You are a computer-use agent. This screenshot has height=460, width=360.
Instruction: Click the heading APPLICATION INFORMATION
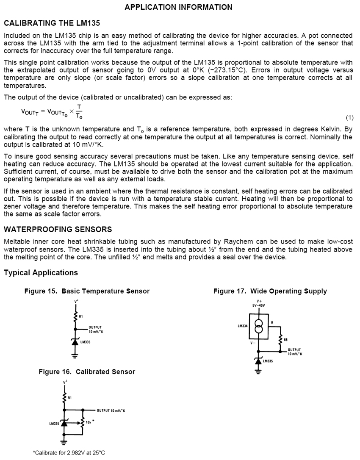[x=178, y=7]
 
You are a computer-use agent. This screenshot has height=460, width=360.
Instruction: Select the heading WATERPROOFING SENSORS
[x=58, y=230]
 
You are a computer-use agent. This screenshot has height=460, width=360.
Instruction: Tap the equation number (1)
[x=349, y=117]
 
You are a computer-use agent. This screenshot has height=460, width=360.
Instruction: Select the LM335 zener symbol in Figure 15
[x=75, y=341]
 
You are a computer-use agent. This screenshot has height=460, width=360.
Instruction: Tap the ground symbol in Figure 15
[x=75, y=356]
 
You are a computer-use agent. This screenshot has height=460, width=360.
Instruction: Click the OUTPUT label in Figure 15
[x=95, y=327]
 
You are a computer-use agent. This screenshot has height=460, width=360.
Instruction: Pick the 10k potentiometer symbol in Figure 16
[x=83, y=422]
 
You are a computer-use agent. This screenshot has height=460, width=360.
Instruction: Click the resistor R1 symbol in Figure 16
[x=64, y=397]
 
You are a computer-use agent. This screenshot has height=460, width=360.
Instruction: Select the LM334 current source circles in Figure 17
[x=258, y=326]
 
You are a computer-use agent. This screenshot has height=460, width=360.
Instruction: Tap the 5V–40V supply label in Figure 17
[x=259, y=305]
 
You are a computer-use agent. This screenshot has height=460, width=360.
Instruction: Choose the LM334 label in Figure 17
[x=243, y=326]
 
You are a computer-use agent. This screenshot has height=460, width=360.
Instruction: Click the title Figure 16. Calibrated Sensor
[x=87, y=371]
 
